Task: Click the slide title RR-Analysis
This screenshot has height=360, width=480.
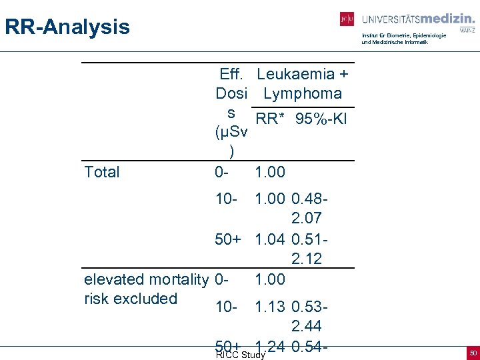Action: coord(67,27)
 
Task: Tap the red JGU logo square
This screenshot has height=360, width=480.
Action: coord(347,19)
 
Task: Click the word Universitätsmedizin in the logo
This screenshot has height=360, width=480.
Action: coord(417,19)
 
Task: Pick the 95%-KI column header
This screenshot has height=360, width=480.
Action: coord(323,119)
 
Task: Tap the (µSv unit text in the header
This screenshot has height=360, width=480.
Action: coord(231,132)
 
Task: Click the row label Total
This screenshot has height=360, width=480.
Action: coord(102,172)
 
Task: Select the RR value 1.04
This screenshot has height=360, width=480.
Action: coord(270,239)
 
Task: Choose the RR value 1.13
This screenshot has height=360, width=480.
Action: coord(270,307)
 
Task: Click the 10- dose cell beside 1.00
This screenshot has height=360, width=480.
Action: coord(227,199)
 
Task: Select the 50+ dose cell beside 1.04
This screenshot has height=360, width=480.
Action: coord(228,239)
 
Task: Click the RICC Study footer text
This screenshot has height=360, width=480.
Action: coord(241,355)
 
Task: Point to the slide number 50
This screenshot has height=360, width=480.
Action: coord(473,351)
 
